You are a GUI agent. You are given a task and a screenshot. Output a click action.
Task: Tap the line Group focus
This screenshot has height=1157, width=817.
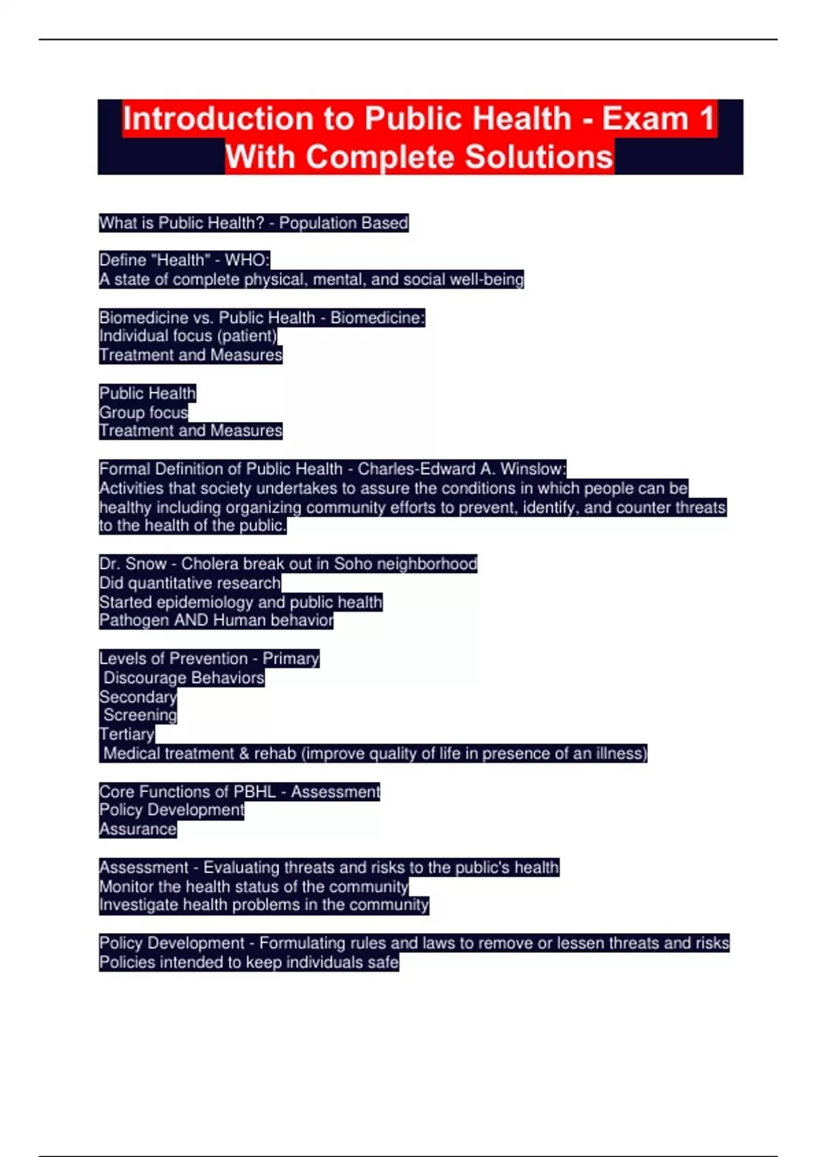click(x=143, y=412)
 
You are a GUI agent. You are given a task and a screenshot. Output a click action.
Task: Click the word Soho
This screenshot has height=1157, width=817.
click(x=353, y=564)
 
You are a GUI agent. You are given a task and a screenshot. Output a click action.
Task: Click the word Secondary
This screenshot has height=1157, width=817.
click(x=138, y=697)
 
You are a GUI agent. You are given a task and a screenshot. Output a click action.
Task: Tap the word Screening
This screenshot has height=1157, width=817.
click(x=140, y=715)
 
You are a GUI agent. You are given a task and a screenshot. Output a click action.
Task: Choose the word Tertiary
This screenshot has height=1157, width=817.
click(x=127, y=734)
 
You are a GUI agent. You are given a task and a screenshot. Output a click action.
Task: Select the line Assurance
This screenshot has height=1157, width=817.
click(x=138, y=830)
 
